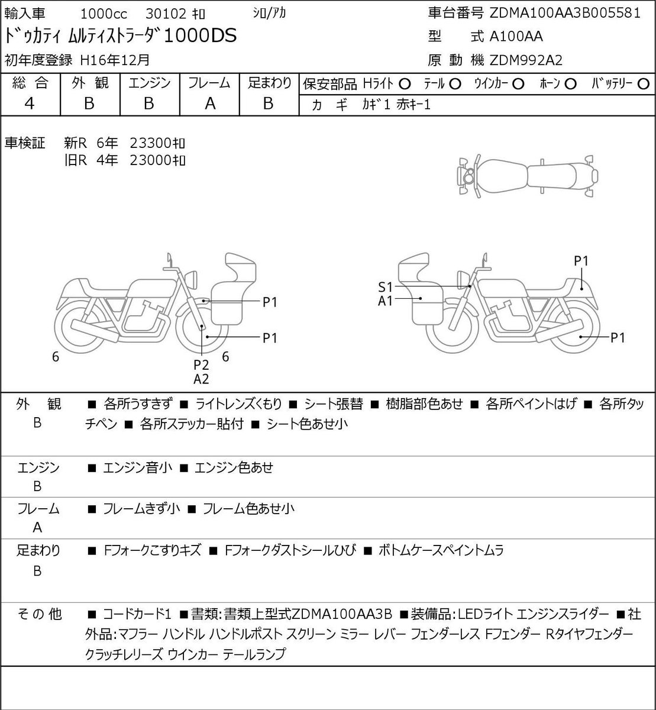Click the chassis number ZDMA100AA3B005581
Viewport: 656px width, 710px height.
pyautogui.click(x=564, y=13)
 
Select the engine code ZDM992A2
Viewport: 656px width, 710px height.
pyautogui.click(x=526, y=60)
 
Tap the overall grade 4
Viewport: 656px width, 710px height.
pyautogui.click(x=30, y=104)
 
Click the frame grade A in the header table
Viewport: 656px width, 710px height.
pyautogui.click(x=210, y=104)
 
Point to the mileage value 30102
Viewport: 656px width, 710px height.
pyautogui.click(x=166, y=14)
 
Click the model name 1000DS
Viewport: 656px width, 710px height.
pyautogui.click(x=200, y=35)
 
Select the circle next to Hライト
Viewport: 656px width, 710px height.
pyautogui.click(x=405, y=84)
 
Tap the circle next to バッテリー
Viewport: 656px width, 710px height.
pyautogui.click(x=644, y=84)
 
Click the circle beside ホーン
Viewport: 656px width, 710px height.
pyautogui.click(x=570, y=84)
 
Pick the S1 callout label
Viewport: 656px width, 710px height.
pyautogui.click(x=385, y=287)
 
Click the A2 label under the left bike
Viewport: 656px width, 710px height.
pyautogui.click(x=201, y=379)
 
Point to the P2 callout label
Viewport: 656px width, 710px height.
pyautogui.click(x=201, y=365)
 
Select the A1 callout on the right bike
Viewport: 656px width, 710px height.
pyautogui.click(x=385, y=301)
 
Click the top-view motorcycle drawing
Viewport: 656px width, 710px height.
pyautogui.click(x=528, y=176)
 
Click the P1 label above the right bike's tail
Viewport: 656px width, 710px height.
pyautogui.click(x=581, y=261)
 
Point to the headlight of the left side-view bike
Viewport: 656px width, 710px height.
pyautogui.click(x=191, y=280)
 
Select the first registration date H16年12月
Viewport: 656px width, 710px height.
pyautogui.click(x=115, y=60)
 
